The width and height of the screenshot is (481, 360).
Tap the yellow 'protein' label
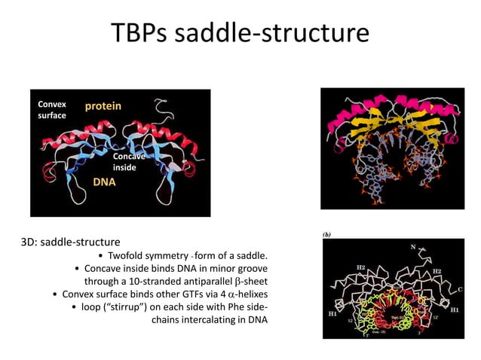(x=103, y=106)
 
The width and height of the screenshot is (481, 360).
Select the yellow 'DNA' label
(x=104, y=182)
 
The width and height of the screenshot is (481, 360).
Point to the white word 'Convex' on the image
(x=51, y=104)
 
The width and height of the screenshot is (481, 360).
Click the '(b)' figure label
(x=327, y=235)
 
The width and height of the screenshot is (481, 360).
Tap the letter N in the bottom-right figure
(x=413, y=246)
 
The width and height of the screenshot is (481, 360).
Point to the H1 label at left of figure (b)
(x=332, y=310)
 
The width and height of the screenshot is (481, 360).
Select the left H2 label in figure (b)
(x=360, y=267)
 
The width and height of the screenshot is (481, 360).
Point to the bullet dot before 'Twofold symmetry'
(x=101, y=255)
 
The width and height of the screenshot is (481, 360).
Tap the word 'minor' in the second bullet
(x=211, y=268)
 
